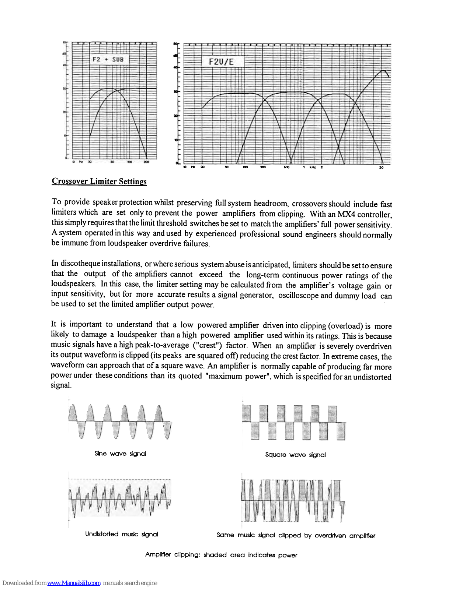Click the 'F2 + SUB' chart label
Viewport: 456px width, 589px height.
point(108,59)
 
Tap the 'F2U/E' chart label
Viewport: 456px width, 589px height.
point(221,61)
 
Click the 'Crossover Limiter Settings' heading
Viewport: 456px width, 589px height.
point(99,181)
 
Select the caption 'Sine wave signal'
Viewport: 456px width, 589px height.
point(120,454)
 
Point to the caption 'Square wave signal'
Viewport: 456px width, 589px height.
point(295,455)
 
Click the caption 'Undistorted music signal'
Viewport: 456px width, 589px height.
point(122,534)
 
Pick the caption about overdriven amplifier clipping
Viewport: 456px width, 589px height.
point(296,535)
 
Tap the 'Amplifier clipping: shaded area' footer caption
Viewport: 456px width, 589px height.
point(221,555)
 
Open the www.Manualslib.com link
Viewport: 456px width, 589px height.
point(74,583)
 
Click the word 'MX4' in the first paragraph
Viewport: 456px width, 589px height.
point(346,214)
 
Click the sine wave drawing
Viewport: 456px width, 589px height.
point(120,422)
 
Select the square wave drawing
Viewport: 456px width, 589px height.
point(294,422)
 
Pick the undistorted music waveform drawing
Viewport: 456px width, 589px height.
point(120,499)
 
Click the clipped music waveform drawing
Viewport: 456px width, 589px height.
point(293,501)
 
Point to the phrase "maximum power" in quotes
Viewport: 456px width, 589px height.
point(231,376)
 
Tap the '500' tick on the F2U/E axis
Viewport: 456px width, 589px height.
point(287,167)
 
